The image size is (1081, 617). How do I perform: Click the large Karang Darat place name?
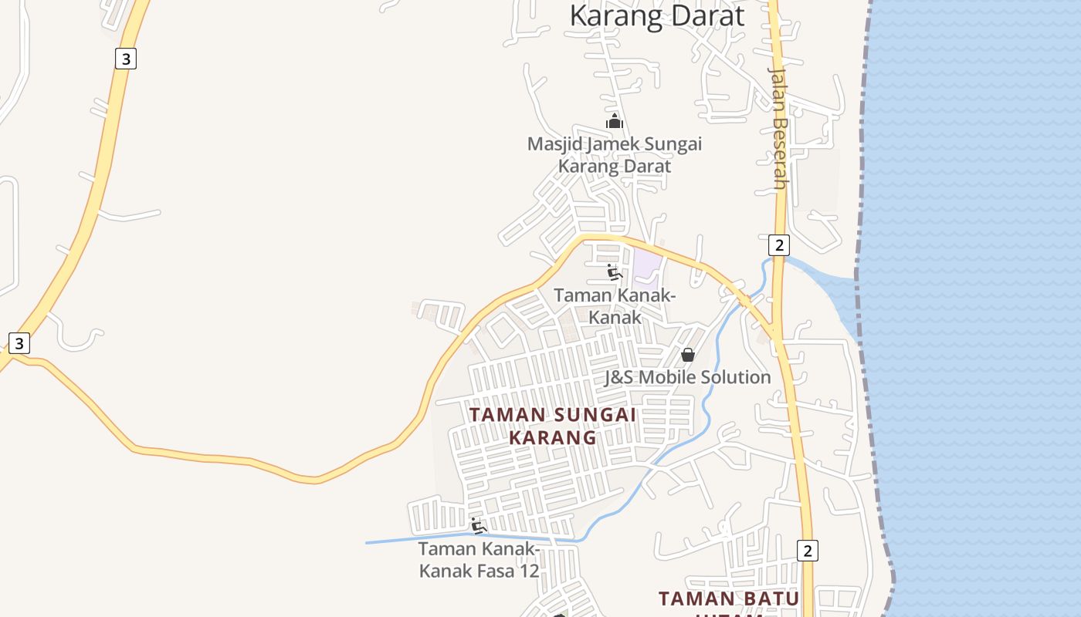click(657, 16)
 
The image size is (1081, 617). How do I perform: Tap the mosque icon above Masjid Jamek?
click(614, 121)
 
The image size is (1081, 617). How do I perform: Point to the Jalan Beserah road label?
click(778, 127)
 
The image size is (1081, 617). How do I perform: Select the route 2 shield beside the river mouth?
click(779, 245)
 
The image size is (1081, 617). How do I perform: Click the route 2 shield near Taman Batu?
click(808, 550)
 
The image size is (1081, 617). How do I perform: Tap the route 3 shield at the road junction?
click(19, 342)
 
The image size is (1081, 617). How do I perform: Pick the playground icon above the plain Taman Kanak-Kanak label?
click(615, 272)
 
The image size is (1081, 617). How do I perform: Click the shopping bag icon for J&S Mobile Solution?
click(688, 355)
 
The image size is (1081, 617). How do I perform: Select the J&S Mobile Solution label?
click(687, 377)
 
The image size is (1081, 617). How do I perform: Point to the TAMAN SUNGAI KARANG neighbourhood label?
click(553, 426)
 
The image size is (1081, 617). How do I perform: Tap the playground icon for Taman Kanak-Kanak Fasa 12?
click(479, 527)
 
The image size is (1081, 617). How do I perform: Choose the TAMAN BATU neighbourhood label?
click(728, 598)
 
